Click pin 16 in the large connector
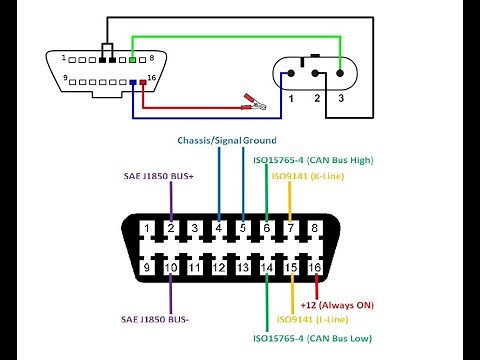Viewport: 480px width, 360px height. [315, 267]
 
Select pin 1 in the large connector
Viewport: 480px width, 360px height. [147, 229]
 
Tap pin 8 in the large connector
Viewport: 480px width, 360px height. [315, 229]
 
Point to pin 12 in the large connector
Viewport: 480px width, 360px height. [219, 267]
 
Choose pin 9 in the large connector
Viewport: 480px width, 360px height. [147, 267]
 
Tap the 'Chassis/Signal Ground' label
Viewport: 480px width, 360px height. [227, 140]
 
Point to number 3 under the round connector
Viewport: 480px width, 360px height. [340, 100]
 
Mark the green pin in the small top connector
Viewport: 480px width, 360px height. [134, 62]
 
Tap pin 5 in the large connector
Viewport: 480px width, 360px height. [243, 229]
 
